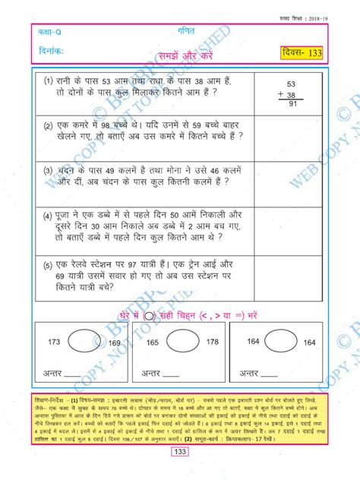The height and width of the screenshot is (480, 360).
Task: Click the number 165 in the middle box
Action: [x=153, y=343]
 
